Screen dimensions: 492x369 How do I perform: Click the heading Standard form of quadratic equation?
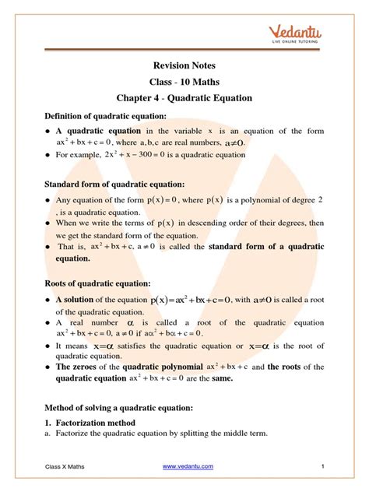[116, 184]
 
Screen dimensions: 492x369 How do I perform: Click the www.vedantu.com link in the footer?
[187, 466]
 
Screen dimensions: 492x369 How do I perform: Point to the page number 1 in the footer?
[322, 466]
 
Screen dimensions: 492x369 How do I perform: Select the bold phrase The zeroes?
[77, 365]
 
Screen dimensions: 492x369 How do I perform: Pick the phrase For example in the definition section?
[78, 155]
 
